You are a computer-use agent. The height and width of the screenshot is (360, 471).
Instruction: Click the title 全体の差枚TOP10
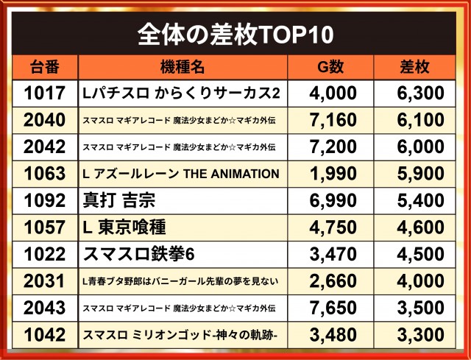[x=235, y=34]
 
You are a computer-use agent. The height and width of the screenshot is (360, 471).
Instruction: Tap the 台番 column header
[x=45, y=67]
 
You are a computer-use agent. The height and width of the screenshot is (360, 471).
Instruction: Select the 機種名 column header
[x=183, y=67]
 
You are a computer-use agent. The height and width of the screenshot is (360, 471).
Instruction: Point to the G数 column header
[x=330, y=67]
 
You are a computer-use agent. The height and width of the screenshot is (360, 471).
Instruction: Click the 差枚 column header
[x=414, y=67]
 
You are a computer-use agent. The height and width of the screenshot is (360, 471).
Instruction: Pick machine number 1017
[x=45, y=93]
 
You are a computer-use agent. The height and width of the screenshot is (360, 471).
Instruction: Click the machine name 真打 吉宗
[x=119, y=200]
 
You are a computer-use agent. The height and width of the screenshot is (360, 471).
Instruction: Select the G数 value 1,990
[x=333, y=174]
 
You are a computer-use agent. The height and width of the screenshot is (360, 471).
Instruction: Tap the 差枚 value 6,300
[x=420, y=93]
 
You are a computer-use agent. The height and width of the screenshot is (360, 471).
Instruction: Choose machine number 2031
[x=44, y=281]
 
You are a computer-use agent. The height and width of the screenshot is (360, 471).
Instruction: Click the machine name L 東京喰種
[x=124, y=227]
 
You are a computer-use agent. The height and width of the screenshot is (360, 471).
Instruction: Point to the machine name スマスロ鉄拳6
[x=138, y=254]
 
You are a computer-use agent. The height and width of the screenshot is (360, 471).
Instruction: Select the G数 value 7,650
[x=333, y=308]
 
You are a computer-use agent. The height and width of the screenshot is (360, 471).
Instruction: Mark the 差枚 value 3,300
[x=420, y=335]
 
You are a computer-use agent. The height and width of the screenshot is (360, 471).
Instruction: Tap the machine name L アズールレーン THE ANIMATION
[x=181, y=174]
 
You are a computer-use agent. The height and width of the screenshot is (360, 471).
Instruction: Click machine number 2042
[x=44, y=147]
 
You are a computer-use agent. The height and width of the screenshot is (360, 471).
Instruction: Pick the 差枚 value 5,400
[x=420, y=200]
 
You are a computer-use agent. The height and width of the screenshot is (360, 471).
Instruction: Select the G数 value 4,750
[x=333, y=227]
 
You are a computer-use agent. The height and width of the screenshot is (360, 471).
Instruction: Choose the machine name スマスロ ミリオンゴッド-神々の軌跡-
[x=180, y=335]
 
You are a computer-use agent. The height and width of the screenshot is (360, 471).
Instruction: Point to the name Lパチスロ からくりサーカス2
[x=181, y=93]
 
